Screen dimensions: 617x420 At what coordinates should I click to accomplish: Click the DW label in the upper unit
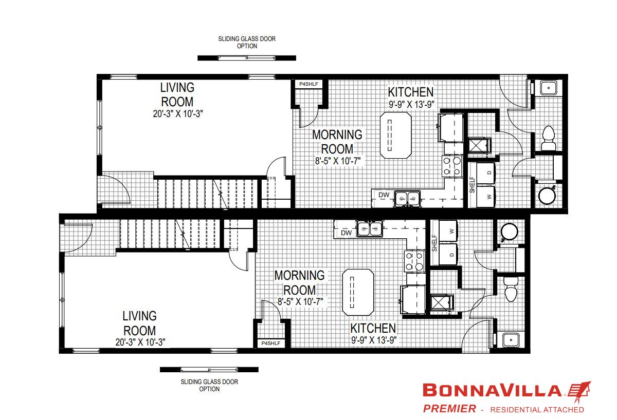[384, 195]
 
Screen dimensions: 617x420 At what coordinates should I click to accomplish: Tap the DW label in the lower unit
[346, 233]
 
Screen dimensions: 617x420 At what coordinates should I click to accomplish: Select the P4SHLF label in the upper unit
[309, 84]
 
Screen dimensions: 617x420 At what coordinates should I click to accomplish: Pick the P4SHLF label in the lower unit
[271, 343]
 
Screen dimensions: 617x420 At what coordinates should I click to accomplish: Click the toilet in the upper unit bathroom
[548, 138]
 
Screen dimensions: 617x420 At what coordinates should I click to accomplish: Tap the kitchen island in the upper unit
[396, 135]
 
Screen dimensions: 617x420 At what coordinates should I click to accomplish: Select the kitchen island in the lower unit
[358, 292]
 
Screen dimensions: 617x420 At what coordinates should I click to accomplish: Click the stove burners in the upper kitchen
[452, 166]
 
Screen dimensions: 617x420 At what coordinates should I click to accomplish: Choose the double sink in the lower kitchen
[370, 228]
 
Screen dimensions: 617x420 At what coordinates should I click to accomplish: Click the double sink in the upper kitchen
[407, 198]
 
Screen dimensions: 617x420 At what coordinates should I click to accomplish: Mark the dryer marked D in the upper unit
[486, 173]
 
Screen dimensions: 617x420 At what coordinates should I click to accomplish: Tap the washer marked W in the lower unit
[448, 231]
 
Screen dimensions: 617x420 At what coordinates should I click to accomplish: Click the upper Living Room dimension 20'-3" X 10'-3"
[178, 113]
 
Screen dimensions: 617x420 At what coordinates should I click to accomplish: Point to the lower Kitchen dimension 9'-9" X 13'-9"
[374, 340]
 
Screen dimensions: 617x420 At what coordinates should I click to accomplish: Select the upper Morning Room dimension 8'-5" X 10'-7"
[338, 161]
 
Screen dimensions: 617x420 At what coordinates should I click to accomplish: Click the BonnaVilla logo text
[492, 390]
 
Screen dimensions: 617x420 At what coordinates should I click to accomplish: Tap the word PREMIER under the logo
[449, 409]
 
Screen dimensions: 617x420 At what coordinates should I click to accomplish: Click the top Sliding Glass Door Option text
[247, 42]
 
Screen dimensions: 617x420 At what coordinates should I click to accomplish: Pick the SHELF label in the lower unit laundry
[434, 243]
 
